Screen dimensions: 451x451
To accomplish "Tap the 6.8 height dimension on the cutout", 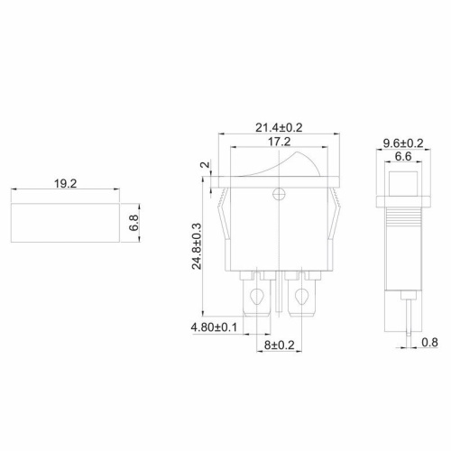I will [x=133, y=224].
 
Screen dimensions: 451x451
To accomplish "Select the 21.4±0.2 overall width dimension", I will [x=280, y=128].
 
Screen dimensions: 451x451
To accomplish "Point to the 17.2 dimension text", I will [x=279, y=143].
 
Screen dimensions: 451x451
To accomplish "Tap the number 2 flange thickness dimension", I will [x=203, y=168].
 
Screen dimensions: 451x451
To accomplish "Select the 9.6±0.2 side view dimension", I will [x=402, y=143].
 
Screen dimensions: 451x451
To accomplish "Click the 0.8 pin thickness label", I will [x=431, y=342].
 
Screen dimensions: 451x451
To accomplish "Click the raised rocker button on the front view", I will [x=280, y=170].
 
